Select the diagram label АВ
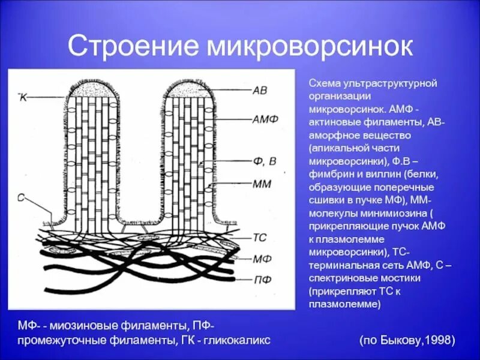click(260, 91)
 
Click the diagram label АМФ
click(265, 119)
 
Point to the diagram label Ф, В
click(264, 161)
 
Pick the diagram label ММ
click(262, 184)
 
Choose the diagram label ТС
click(260, 238)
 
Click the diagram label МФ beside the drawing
click(262, 259)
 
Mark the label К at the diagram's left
click(23, 97)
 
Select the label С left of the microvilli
click(20, 197)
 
